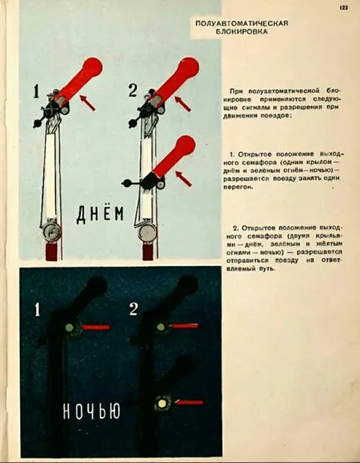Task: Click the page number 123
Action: click(x=343, y=8)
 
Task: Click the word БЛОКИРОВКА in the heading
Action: click(x=242, y=32)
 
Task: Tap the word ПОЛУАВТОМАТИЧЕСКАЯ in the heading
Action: click(x=242, y=23)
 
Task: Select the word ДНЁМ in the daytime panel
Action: click(x=100, y=215)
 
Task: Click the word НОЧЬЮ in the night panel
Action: click(x=92, y=411)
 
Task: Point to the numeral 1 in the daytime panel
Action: click(x=36, y=91)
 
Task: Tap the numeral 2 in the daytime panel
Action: click(x=133, y=90)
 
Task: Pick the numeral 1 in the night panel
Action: click(x=37, y=310)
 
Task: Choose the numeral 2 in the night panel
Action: click(x=133, y=310)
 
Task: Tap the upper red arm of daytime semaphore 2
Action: click(x=175, y=80)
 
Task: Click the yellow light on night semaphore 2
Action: click(x=162, y=403)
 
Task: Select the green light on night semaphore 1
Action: click(x=70, y=327)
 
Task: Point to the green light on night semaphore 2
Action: click(x=161, y=327)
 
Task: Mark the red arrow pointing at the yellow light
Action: click(x=189, y=402)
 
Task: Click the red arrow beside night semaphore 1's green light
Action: click(x=96, y=327)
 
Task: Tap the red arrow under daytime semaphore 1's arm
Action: click(x=87, y=103)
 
